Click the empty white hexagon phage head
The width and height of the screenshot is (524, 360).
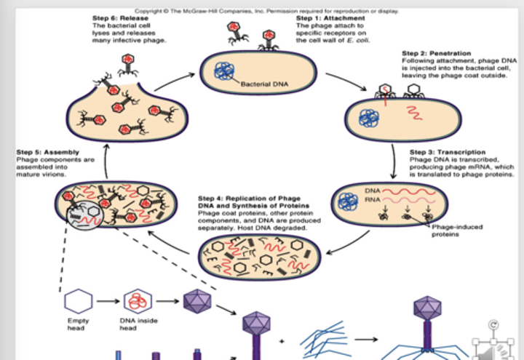click(x=78, y=300)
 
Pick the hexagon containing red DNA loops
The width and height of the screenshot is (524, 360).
click(x=136, y=300)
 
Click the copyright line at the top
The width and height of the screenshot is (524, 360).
click(x=266, y=11)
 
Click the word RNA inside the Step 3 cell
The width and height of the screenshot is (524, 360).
click(x=371, y=198)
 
